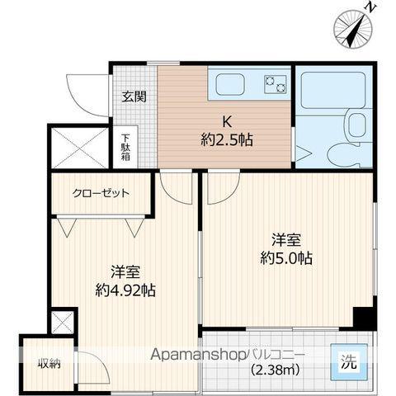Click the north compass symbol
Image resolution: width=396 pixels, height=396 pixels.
pyautogui.click(x=352, y=27)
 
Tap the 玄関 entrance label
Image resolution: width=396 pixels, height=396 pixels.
pyautogui.click(x=134, y=97)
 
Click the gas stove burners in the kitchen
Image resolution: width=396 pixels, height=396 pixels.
pyautogui.click(x=273, y=83)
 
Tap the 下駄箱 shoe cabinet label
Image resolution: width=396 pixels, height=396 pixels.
pyautogui.click(x=126, y=148)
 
